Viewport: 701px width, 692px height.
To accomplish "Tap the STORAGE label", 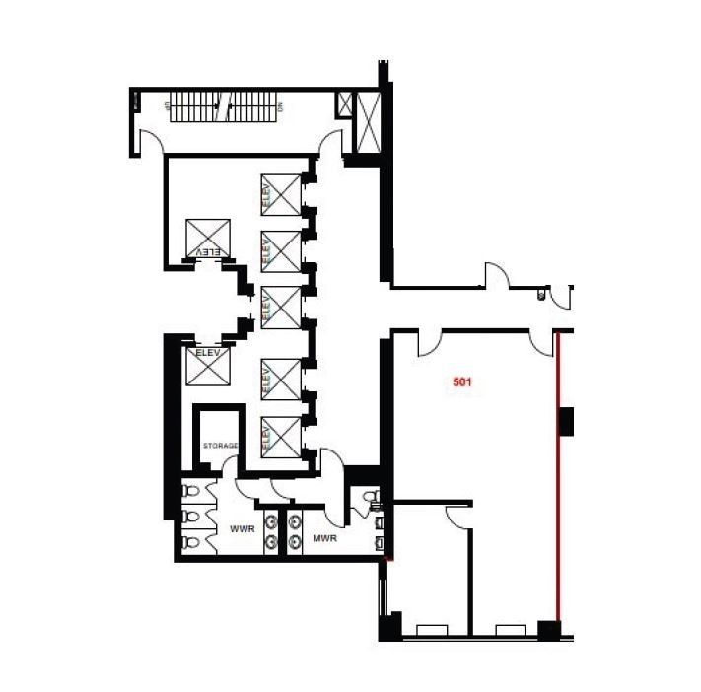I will tap(221, 446).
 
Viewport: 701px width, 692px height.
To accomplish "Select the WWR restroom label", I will tap(242, 529).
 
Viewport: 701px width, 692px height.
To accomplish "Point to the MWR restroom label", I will tap(326, 538).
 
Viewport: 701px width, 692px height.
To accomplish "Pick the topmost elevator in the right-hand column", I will tap(280, 193).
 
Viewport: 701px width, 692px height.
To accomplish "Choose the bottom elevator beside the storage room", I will tap(280, 436).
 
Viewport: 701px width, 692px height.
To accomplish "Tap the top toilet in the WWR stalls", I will tap(188, 490).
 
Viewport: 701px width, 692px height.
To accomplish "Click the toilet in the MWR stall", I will tap(370, 497).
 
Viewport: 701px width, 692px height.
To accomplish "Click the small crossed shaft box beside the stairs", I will tap(345, 104).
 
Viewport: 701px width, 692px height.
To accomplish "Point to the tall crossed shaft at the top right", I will tap(371, 121).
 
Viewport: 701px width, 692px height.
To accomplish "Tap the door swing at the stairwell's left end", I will tap(151, 144).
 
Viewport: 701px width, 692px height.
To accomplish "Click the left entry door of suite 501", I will tap(430, 344).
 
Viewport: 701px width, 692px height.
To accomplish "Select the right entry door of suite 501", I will tap(541, 343).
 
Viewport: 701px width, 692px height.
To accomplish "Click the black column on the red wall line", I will tap(566, 420).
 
